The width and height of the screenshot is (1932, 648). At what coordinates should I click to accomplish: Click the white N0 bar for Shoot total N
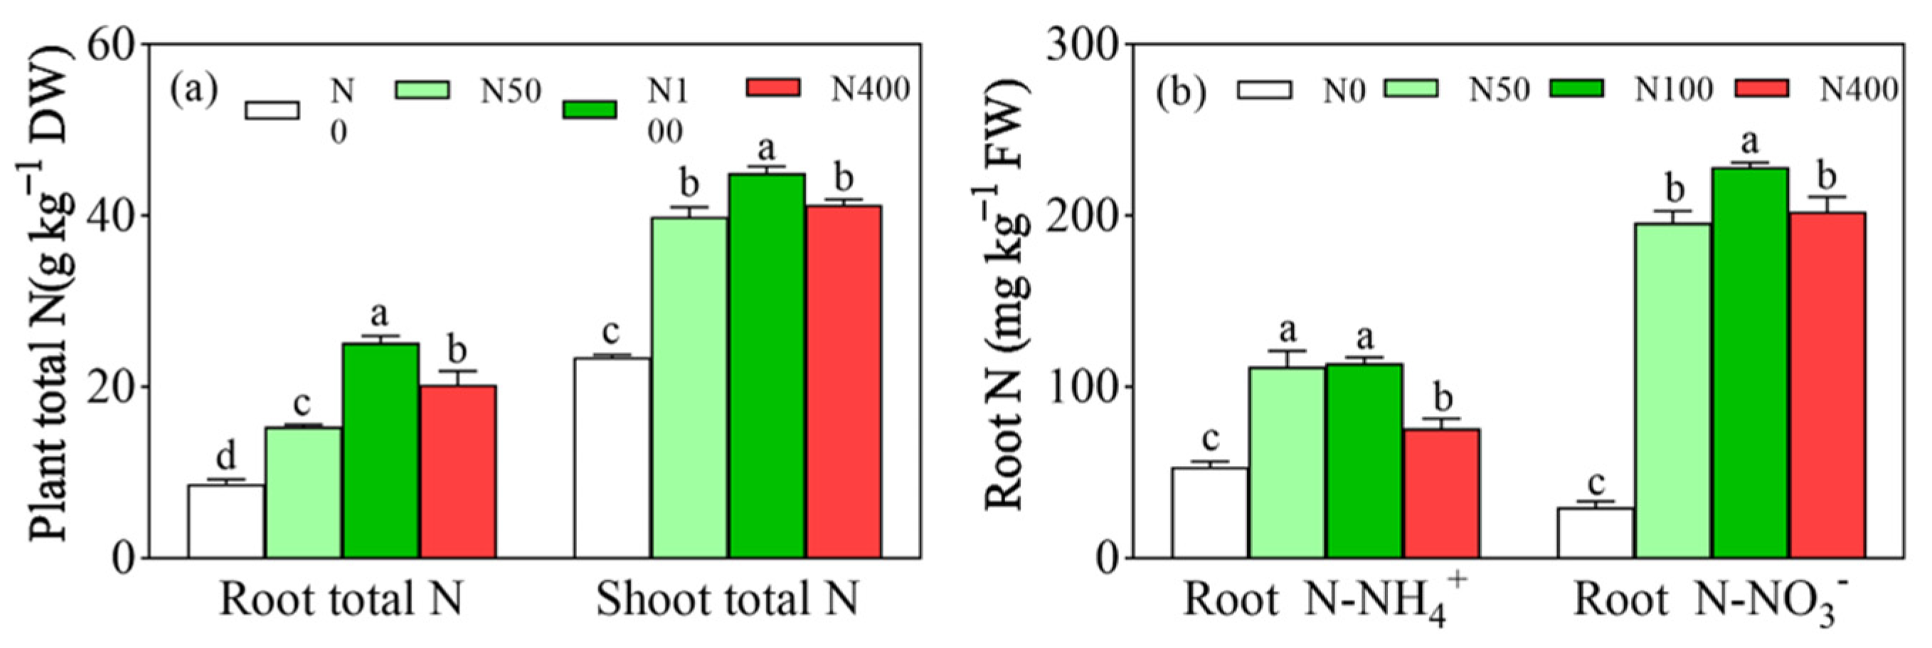pyautogui.click(x=611, y=457)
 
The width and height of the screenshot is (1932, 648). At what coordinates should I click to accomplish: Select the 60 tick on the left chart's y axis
pyautogui.click(x=112, y=45)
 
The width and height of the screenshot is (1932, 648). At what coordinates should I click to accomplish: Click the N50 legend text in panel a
pyautogui.click(x=510, y=90)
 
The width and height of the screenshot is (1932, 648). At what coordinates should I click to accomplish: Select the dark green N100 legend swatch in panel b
pyautogui.click(x=1576, y=89)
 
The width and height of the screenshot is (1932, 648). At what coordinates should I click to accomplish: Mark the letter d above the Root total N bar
pyautogui.click(x=225, y=455)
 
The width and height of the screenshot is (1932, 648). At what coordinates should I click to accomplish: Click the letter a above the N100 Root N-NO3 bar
pyautogui.click(x=1749, y=140)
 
